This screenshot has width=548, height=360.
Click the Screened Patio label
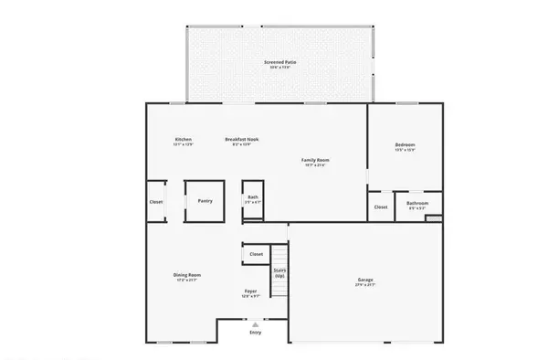click(280, 62)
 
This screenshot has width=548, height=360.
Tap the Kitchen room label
click(184, 139)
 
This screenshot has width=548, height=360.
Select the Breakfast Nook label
click(242, 139)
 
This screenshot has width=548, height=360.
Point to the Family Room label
click(315, 160)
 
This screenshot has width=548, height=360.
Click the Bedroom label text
click(406, 144)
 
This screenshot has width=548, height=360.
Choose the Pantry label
click(205, 200)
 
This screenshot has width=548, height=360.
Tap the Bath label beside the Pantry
click(253, 196)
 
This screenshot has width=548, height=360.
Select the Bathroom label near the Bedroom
click(418, 203)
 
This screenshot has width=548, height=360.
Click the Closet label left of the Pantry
click(155, 201)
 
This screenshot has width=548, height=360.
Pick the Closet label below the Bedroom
click(381, 206)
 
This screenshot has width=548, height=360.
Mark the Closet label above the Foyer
click(257, 254)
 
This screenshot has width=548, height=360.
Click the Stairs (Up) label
click(279, 271)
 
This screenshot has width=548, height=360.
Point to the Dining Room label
click(187, 274)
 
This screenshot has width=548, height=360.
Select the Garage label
click(365, 280)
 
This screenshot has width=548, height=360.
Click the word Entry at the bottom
click(255, 332)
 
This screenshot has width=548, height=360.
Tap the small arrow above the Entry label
click(255, 323)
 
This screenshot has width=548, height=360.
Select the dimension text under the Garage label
click(365, 285)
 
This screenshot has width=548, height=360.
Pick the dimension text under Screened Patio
click(280, 68)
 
